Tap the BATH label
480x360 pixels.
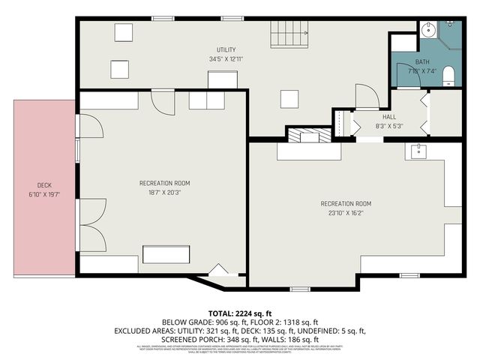click(423, 61)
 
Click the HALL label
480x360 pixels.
click(389, 117)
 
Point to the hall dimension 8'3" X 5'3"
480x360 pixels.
click(389, 126)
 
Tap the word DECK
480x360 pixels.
click(44, 185)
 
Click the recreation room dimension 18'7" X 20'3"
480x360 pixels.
click(164, 192)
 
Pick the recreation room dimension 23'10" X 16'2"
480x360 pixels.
click(346, 213)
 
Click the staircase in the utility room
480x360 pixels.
click(289, 34)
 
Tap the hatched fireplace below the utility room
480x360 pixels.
click(310, 136)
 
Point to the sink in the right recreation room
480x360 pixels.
click(417, 151)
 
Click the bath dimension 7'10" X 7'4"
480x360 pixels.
click(423, 70)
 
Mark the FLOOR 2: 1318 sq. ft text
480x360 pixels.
click(282, 321)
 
